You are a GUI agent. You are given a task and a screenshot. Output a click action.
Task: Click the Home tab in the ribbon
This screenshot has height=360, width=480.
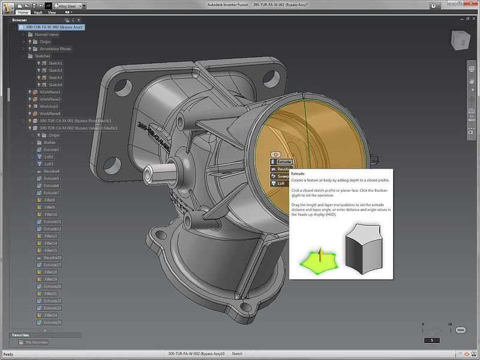click(23, 12)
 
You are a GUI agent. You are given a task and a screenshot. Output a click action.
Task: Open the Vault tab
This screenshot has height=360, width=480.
click(38, 12)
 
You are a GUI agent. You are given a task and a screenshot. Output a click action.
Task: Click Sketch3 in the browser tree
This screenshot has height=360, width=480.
click(55, 77)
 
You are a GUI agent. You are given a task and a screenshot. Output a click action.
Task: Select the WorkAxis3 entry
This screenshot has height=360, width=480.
click(50, 106)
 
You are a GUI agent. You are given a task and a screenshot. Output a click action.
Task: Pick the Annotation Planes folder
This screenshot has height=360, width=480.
click(56, 49)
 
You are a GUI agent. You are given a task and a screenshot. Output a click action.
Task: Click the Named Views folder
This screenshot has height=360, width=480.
click(47, 34)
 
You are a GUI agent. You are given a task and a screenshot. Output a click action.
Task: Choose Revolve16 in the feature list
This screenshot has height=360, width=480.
click(52, 257)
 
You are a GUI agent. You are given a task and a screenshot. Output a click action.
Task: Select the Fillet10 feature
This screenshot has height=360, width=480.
click(50, 214)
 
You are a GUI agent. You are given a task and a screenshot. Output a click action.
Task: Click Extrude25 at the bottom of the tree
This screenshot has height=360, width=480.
click(52, 322)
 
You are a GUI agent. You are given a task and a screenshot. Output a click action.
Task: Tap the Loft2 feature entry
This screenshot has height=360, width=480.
click(49, 157)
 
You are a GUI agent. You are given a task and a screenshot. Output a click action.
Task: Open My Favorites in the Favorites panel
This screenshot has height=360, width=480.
click(37, 343)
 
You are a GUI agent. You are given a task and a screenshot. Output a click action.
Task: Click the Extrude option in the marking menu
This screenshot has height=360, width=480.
click(284, 162)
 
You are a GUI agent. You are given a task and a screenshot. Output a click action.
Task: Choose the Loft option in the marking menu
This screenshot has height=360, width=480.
click(281, 184)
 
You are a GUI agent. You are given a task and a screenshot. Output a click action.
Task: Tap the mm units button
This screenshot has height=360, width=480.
click(461, 330)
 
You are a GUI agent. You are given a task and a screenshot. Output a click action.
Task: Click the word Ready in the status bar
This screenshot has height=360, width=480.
click(8, 354)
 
